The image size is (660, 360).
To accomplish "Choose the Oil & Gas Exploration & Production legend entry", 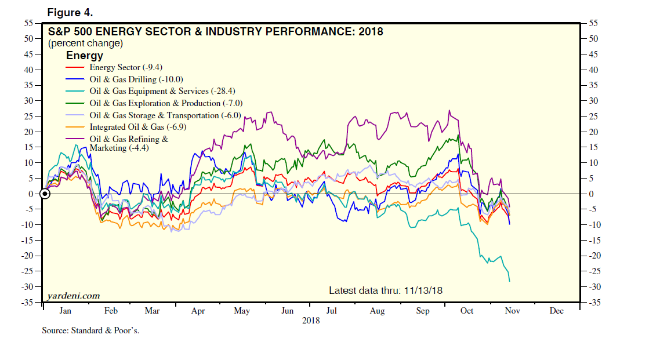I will pyautogui.click(x=166, y=103).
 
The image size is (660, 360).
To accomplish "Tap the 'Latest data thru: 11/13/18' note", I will pyautogui.click(x=386, y=290).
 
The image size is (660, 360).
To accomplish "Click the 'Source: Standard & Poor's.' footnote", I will pyautogui.click(x=90, y=330).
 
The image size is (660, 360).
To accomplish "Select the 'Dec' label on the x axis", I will pyautogui.click(x=556, y=311).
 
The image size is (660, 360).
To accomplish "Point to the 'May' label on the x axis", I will pyautogui.click(x=242, y=311).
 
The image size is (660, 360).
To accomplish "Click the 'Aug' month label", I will pyautogui.click(x=377, y=311).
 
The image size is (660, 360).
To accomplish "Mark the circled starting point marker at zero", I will pyautogui.click(x=45, y=194).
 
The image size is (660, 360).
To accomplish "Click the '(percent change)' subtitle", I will pyautogui.click(x=85, y=43).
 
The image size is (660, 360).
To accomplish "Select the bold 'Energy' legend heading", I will pyautogui.click(x=85, y=56).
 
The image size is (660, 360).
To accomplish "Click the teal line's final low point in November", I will pyautogui.click(x=509, y=281).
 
